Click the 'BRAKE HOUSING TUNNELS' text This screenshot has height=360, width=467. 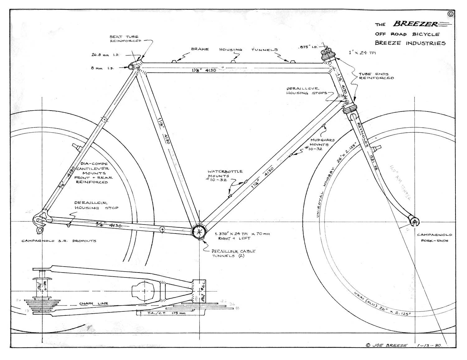click(234, 49)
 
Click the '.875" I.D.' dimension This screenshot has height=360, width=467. click(308, 47)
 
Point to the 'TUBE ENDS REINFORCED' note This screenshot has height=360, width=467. click(376, 76)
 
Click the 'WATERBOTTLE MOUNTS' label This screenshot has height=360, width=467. click(225, 176)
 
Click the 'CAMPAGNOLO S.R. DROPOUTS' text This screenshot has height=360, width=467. click(59, 241)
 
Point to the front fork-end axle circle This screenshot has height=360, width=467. click(414, 222)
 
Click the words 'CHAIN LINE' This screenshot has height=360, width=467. click(93, 303)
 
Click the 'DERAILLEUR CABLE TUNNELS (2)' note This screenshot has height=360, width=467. click(233, 253)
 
